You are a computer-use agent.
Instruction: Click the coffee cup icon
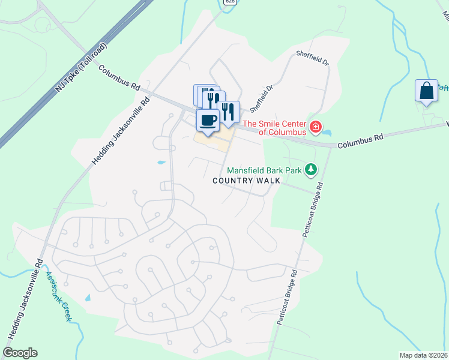208,120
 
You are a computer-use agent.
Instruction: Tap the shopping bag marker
426,91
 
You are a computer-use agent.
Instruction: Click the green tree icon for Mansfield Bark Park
310,170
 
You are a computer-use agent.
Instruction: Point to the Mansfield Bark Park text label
265,170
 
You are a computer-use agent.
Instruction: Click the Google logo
20,353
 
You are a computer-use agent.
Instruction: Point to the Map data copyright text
424,355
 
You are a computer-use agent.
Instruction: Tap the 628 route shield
229,2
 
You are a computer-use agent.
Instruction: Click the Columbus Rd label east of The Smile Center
360,141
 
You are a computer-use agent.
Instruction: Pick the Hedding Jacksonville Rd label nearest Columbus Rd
120,131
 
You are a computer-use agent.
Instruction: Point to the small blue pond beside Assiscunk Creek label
88,298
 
